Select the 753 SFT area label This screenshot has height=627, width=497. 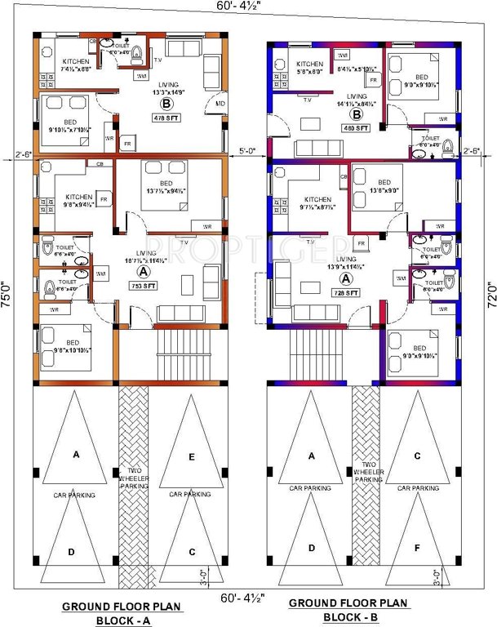coord(144,286)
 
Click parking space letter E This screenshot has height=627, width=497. coord(192,458)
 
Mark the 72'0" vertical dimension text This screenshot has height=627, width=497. coord(488,296)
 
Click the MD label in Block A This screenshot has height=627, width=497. coord(220,104)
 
